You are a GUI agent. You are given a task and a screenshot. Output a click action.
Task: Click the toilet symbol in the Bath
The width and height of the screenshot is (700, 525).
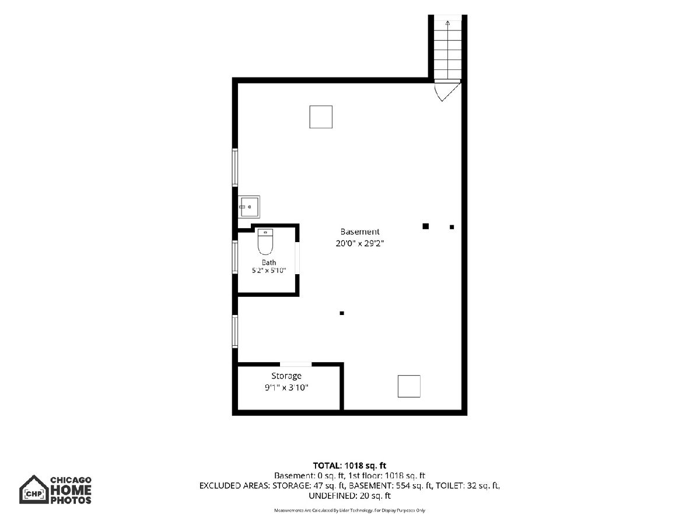pos(265,242)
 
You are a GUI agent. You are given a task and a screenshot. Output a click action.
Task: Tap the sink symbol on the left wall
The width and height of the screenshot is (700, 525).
pos(249,207)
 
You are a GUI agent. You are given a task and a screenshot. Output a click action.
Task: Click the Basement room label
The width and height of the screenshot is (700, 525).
pos(360,232)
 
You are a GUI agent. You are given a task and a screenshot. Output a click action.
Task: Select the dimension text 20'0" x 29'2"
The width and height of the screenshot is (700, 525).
pos(360,243)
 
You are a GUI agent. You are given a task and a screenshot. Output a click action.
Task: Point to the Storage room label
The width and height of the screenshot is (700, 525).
pos(286,376)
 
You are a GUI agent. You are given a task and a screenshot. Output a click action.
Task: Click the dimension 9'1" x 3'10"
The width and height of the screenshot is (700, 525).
pos(286,387)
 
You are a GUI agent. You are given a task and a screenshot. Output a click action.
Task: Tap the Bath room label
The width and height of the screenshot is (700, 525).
pos(269,262)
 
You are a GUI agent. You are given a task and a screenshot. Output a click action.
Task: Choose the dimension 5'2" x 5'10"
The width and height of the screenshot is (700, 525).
pos(269,271)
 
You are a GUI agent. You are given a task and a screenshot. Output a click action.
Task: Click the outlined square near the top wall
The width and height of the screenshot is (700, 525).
pos(321,117)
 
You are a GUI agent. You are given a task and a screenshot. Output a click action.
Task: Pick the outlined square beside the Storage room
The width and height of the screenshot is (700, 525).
pos(409,386)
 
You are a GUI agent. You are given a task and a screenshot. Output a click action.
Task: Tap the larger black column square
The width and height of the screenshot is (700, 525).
pos(425,226)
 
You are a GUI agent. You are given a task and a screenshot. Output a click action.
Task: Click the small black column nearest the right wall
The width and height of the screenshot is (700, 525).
pos(452,227)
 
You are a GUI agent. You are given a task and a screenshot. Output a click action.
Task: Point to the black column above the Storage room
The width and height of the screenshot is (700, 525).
pos(342,313)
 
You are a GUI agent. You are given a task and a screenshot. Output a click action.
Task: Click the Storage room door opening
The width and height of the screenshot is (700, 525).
pos(296,365)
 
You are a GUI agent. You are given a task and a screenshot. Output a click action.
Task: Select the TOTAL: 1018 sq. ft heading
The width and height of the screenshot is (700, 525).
pos(349,466)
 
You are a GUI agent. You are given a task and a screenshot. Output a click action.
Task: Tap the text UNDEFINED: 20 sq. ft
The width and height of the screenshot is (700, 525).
pos(349,496)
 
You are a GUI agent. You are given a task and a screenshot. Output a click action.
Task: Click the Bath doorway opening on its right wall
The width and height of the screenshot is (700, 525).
pos(297,258)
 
